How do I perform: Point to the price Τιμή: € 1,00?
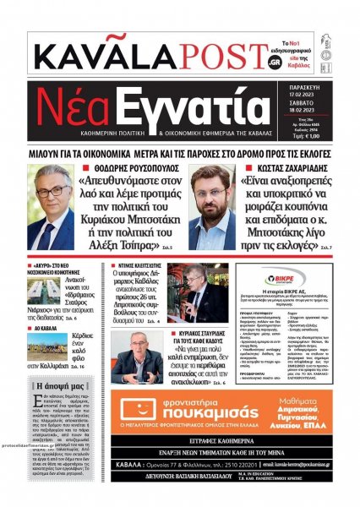click(326, 135)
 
